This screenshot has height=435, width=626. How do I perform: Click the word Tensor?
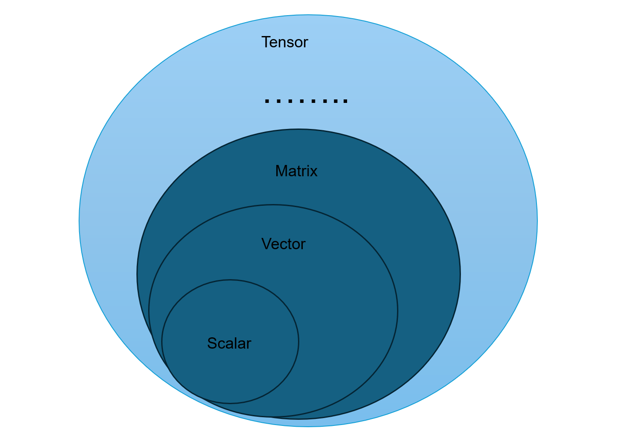point(285,42)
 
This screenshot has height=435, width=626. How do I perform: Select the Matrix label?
point(296,171)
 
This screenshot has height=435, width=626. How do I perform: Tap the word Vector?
point(283,244)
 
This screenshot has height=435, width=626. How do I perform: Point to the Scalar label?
point(229,343)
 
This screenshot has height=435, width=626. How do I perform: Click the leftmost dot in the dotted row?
point(267,101)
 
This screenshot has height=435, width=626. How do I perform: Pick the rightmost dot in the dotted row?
point(345,101)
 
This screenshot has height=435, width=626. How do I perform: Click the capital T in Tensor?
point(266,42)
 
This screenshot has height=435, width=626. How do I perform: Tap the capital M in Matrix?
point(281,171)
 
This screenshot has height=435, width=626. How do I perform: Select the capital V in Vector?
point(266,244)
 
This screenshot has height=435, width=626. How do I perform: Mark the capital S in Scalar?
point(212,343)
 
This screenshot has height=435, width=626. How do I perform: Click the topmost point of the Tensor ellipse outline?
point(308,15)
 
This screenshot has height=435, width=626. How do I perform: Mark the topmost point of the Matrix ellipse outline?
point(298,129)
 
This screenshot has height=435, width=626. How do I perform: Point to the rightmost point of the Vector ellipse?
point(397,311)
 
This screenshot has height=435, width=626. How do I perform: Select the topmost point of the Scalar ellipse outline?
point(230,280)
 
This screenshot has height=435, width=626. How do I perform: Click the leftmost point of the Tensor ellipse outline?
point(79,221)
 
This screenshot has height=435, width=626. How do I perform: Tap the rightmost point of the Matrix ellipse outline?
point(460,274)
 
